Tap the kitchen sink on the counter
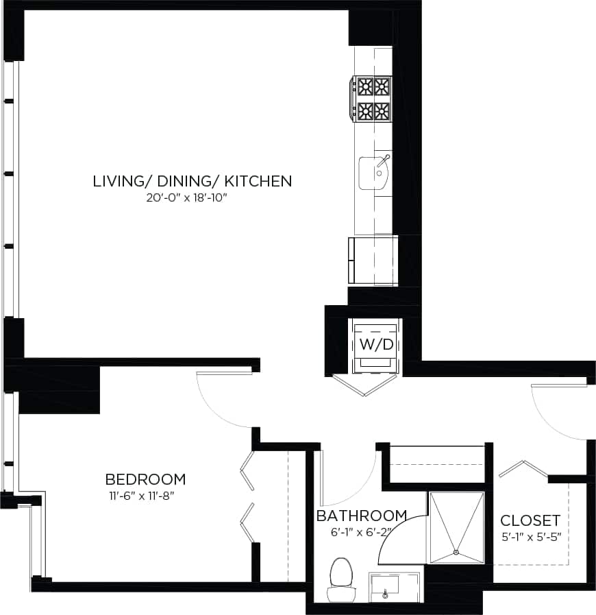click(x=373, y=172)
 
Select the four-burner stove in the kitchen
click(x=373, y=99)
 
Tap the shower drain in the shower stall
click(x=455, y=553)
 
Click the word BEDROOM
click(x=145, y=479)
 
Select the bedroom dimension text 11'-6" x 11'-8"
click(x=145, y=494)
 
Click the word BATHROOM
click(x=361, y=516)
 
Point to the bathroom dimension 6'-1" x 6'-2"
click(x=361, y=530)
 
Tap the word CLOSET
click(x=530, y=520)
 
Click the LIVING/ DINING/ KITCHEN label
click(x=193, y=182)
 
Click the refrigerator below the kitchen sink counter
click(x=374, y=259)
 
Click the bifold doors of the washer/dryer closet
click(x=365, y=385)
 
